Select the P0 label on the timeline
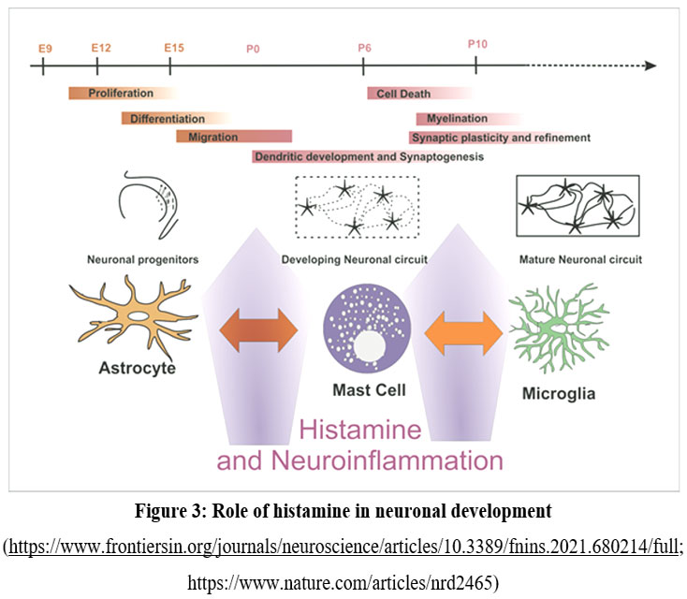253,48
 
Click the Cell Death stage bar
417,93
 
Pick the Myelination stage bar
462,119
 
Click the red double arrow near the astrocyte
258,329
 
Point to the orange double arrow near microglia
464,330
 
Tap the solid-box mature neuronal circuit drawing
577,205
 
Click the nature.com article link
343,583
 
